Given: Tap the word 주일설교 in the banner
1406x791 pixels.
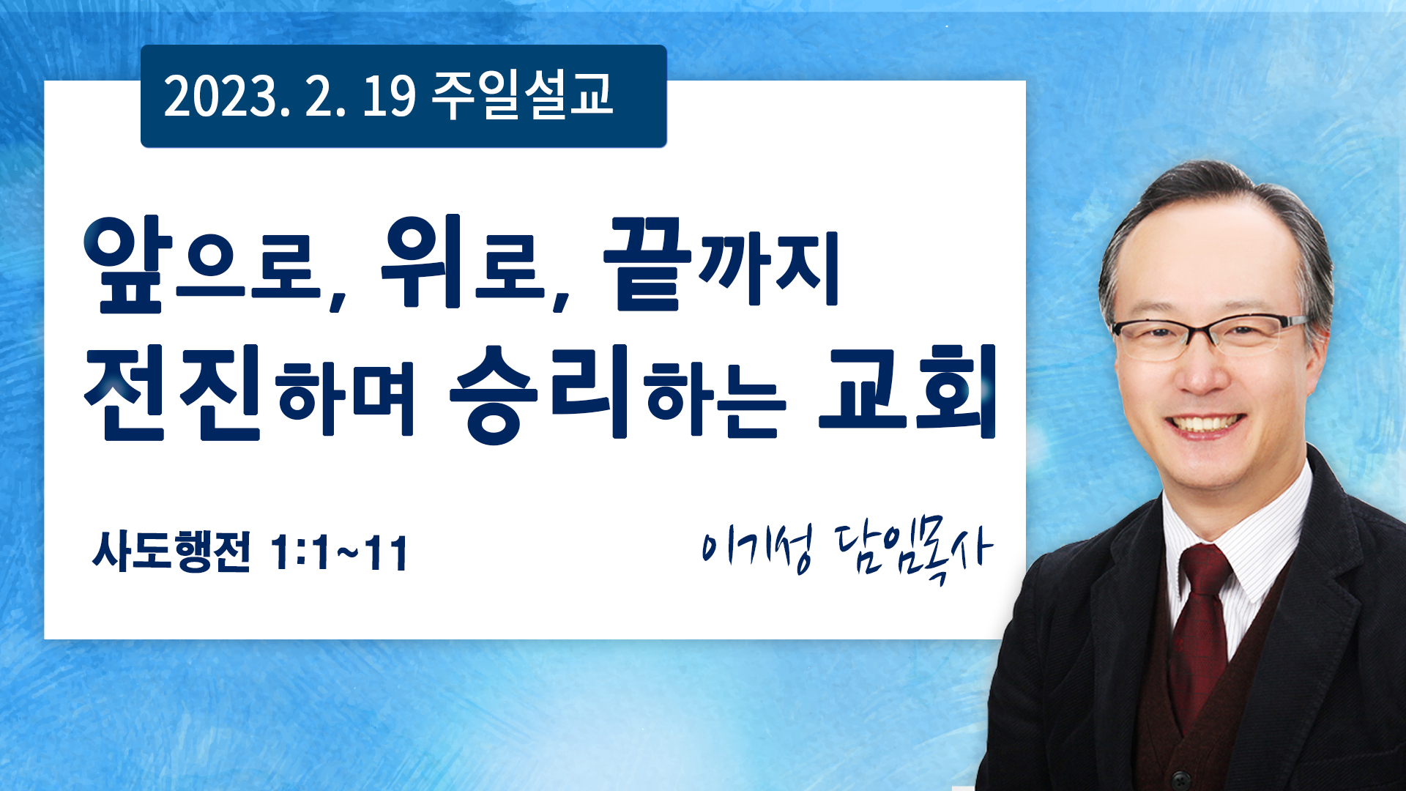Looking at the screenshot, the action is pyautogui.click(x=522, y=95).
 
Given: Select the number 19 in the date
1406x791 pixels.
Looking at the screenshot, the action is pyautogui.click(x=389, y=97).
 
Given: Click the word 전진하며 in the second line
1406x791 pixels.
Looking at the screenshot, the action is pyautogui.click(x=250, y=393).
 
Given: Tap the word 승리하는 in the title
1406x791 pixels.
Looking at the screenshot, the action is pyautogui.click(x=618, y=394).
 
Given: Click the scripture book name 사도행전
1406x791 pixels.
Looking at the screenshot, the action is pyautogui.click(x=171, y=552).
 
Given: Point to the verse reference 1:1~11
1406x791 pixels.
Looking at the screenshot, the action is pyautogui.click(x=339, y=553).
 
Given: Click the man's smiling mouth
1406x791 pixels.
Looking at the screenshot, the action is pyautogui.click(x=1205, y=426).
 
